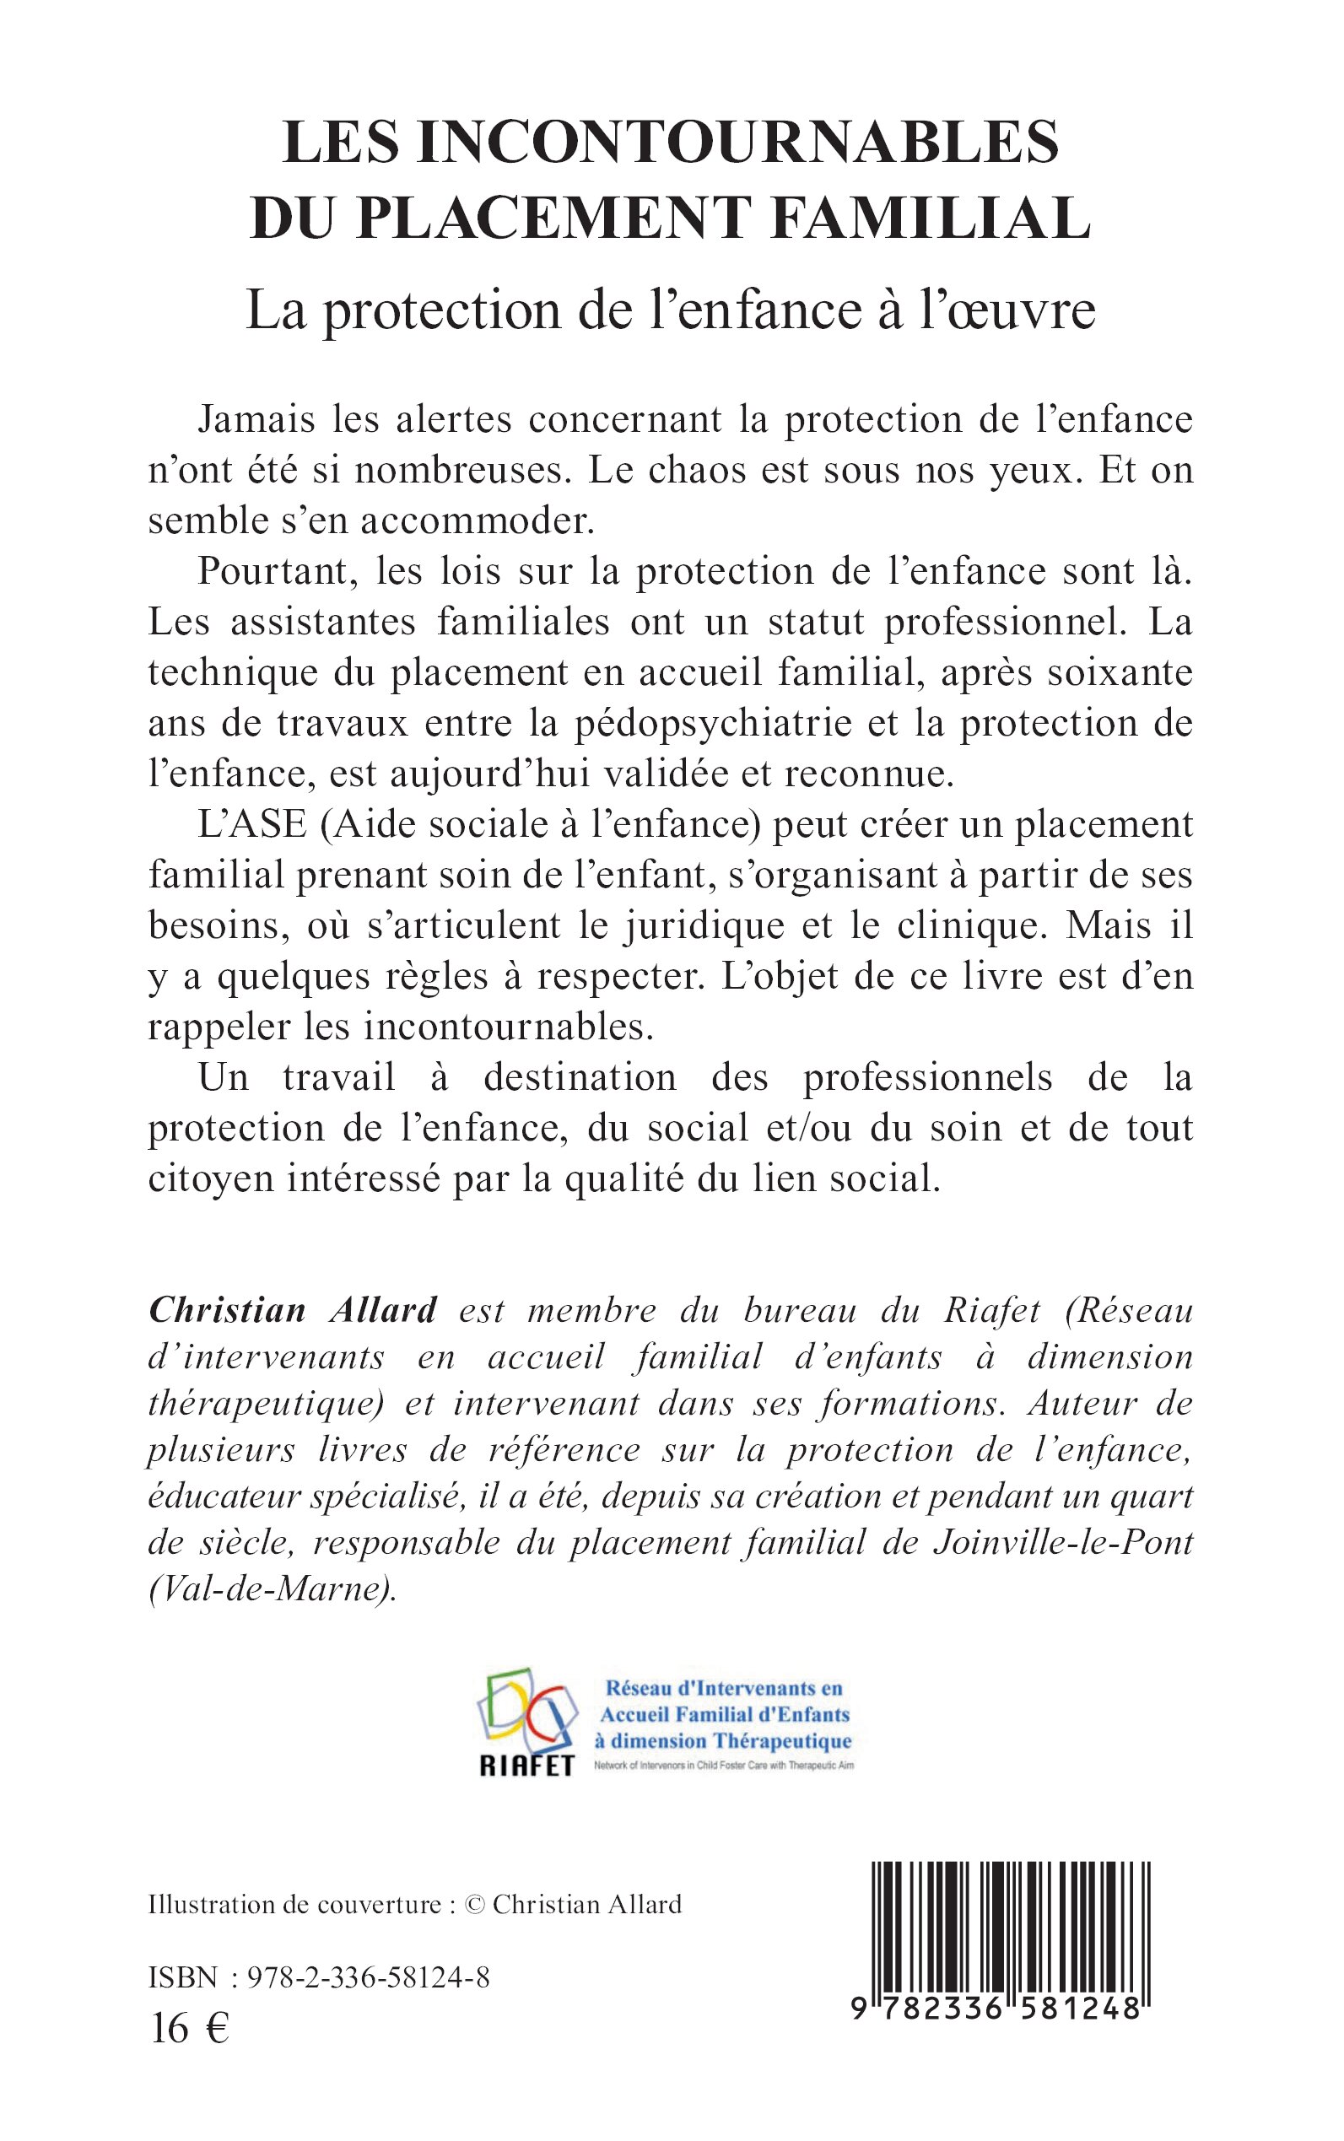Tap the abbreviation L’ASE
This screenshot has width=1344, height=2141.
(x=251, y=825)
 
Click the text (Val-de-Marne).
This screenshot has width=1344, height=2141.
(x=273, y=1588)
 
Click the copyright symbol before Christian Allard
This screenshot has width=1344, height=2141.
(x=476, y=1905)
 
